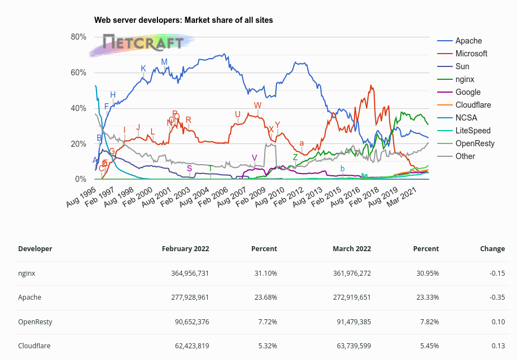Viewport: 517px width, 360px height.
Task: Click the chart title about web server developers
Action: pyautogui.click(x=183, y=20)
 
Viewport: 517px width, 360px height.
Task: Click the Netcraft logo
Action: pyautogui.click(x=143, y=42)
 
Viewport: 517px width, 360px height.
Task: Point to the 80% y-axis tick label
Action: pyautogui.click(x=78, y=37)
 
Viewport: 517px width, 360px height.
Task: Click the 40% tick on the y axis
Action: pyautogui.click(x=78, y=108)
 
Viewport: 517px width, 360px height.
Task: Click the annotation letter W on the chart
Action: pyautogui.click(x=257, y=105)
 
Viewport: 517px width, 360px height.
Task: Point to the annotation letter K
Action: pyautogui.click(x=143, y=69)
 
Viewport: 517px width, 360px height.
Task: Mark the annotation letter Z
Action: pyautogui.click(x=295, y=157)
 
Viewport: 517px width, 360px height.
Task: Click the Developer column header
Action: pyautogui.click(x=35, y=249)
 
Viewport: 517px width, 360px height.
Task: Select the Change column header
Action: pyautogui.click(x=492, y=249)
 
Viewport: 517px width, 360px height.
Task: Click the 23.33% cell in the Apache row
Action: pyautogui.click(x=427, y=297)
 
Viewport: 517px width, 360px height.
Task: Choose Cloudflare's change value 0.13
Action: pyautogui.click(x=497, y=346)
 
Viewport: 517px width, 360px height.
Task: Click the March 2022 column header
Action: pyautogui.click(x=352, y=249)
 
